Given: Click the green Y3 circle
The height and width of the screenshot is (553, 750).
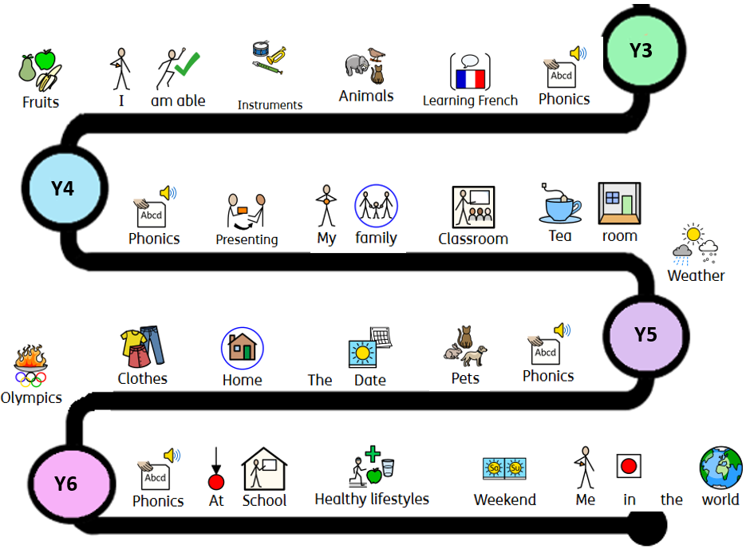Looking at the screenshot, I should coord(640,50).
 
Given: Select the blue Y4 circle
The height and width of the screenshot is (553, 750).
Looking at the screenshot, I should coord(62,188).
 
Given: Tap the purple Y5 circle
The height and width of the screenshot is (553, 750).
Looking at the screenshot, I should coord(645,334).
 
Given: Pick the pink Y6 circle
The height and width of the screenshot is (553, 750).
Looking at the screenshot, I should coord(65,483).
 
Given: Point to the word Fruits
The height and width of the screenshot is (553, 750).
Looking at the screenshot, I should coord(40,102).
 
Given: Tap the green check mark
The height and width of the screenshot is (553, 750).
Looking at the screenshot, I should coord(187,65).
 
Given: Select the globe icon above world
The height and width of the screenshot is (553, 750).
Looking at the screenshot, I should coord(720,468).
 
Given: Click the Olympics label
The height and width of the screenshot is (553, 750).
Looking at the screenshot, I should coord(31,397).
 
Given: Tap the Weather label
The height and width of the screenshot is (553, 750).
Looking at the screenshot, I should coord(696,276).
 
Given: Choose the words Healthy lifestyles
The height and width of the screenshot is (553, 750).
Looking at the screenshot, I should coord(372,500).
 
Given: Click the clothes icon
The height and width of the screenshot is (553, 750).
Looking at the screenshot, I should coord(143,347).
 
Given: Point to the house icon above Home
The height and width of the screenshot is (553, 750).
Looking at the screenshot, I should coord(242,348).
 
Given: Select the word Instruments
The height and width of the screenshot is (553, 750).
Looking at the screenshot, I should coord(270,105).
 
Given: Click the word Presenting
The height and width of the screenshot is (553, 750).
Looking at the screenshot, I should coord(247,239).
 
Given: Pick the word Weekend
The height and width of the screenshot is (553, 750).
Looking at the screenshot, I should coord(504,500).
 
